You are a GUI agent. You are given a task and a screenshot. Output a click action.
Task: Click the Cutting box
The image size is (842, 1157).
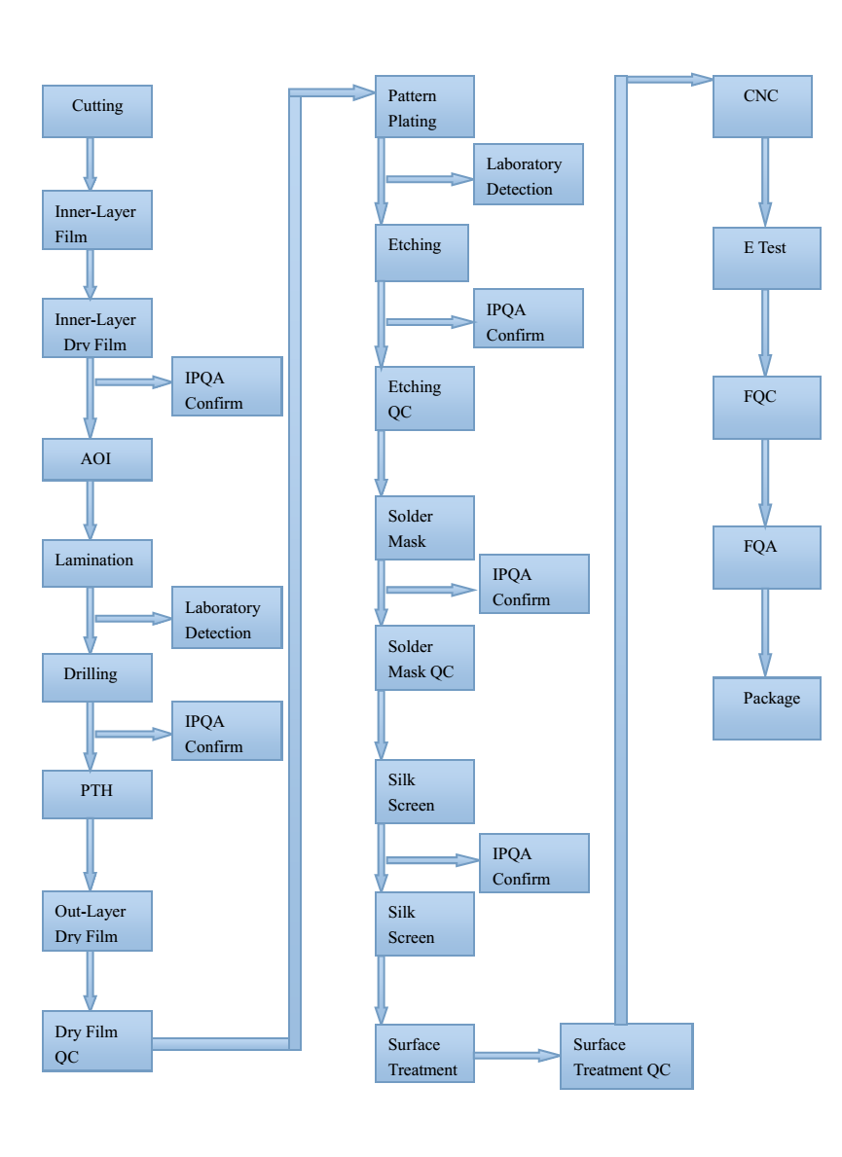[97, 111]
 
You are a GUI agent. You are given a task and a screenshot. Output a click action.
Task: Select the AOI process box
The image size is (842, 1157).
[97, 459]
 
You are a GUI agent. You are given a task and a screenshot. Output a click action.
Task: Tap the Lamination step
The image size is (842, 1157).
[97, 562]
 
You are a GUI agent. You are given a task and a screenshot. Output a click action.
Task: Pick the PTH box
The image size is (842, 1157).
[97, 793]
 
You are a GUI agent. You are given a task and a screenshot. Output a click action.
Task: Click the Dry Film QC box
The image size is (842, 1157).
[97, 1041]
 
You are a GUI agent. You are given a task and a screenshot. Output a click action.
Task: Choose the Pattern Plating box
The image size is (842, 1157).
[424, 107]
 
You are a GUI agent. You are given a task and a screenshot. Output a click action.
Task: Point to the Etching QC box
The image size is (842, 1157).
[424, 399]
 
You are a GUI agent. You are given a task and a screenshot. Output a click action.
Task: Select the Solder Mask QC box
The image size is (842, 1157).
[424, 658]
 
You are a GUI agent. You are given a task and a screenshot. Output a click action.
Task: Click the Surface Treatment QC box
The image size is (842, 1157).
[626, 1056]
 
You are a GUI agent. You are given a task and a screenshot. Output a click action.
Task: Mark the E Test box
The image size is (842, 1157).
[766, 258]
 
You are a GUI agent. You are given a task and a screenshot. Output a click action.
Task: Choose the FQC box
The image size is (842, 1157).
[766, 408]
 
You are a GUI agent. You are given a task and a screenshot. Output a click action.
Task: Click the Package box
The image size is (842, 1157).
[766, 708]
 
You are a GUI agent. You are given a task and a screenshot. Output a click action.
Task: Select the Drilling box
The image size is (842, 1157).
[97, 677]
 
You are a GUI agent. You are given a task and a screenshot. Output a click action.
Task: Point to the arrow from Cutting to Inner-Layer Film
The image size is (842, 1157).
[91, 163]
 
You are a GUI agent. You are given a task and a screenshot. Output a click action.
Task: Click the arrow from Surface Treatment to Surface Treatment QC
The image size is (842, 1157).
[517, 1055]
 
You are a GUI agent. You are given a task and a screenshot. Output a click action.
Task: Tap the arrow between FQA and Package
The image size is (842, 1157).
[765, 633]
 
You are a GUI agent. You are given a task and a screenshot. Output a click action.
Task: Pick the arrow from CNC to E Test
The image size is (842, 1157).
[765, 182]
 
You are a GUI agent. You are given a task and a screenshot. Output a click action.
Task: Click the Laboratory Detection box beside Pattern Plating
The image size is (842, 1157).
[529, 175]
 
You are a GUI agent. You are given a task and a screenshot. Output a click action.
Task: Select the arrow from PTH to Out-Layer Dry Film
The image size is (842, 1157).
[91, 853]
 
